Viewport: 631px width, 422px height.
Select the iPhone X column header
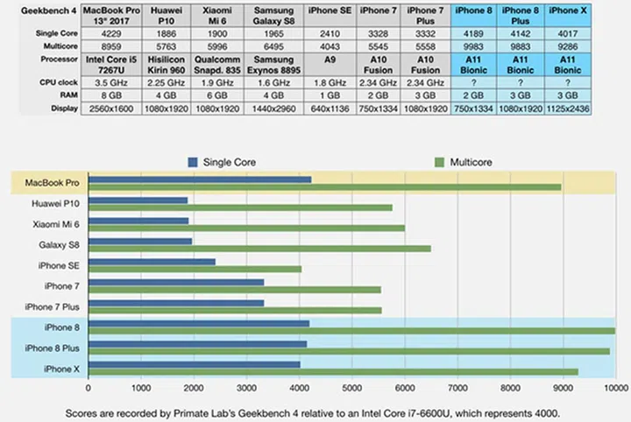(567, 10)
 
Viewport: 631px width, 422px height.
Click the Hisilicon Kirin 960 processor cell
(167, 64)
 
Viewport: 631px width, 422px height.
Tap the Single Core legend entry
(223, 162)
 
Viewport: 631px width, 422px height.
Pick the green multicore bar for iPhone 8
(351, 330)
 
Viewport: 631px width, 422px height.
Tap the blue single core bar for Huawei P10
(138, 200)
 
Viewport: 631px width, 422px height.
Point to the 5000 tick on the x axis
(351, 387)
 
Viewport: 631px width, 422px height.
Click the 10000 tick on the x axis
(613, 387)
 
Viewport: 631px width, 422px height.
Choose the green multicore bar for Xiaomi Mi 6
(246, 228)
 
